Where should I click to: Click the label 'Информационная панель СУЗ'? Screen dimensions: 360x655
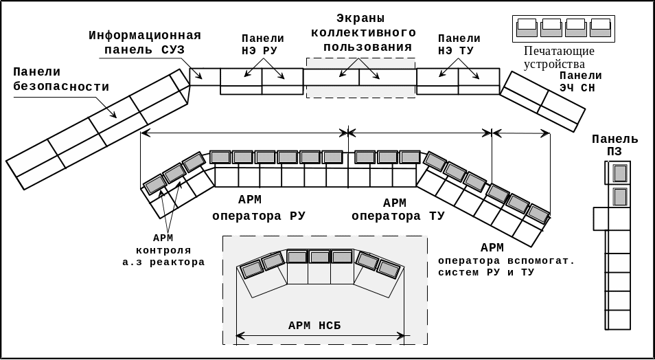(x=144, y=43)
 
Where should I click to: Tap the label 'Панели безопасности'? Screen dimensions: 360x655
(x=60, y=79)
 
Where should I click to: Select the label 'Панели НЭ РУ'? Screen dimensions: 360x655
(x=263, y=45)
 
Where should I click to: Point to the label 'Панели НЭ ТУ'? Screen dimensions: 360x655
(x=459, y=45)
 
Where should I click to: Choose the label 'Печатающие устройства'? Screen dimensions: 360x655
(x=560, y=58)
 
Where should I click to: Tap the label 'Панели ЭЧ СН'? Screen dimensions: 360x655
(x=581, y=82)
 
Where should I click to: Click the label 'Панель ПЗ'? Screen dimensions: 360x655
(x=615, y=145)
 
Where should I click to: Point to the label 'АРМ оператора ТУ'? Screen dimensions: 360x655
(x=398, y=210)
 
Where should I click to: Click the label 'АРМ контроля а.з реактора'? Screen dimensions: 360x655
(x=172, y=250)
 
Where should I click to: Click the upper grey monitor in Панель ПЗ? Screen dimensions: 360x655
(x=620, y=172)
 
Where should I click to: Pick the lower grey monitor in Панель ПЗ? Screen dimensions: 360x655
(x=620, y=197)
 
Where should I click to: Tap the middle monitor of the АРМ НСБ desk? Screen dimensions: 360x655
(x=319, y=257)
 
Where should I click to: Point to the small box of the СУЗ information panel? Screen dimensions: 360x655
(x=205, y=76)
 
